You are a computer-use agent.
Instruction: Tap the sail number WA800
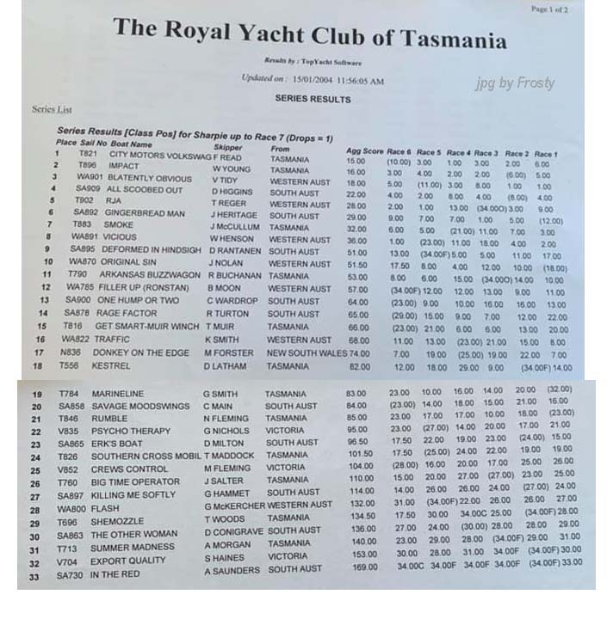coord(71,508)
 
